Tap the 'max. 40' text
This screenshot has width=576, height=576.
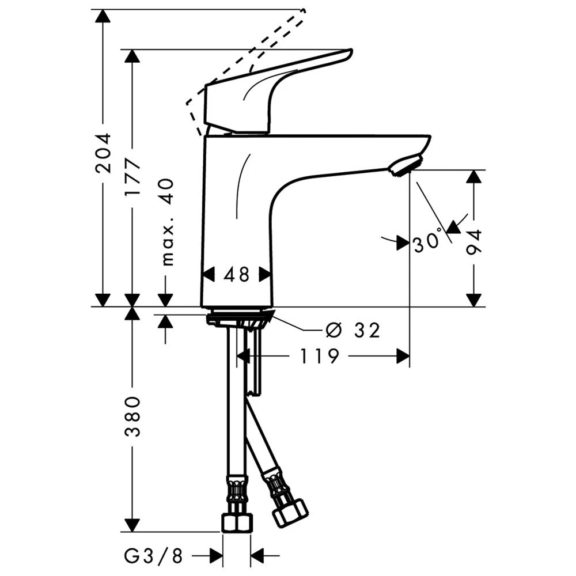click(x=166, y=222)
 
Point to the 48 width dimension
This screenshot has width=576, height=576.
click(x=237, y=275)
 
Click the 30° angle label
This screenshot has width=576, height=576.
click(x=427, y=244)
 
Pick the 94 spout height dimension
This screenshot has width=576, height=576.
click(x=475, y=242)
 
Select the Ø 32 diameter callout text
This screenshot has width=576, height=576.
click(x=353, y=330)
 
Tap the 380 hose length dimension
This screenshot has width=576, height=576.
click(x=133, y=416)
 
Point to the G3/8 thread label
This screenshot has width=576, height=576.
click(x=153, y=556)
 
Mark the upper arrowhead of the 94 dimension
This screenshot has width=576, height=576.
click(x=474, y=176)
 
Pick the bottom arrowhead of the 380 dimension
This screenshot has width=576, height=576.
click(x=133, y=525)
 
